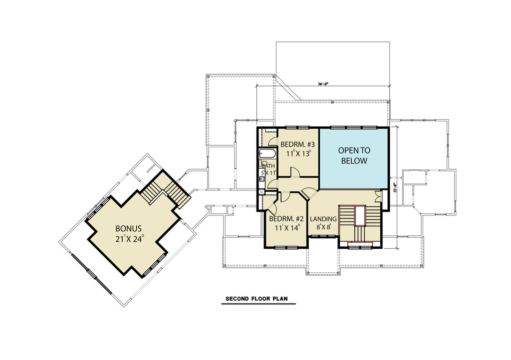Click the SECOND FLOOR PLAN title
point(256,299)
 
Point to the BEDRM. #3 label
point(298,145)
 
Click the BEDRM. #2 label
point(286,219)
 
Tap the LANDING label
point(323,219)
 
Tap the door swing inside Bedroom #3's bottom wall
point(295,172)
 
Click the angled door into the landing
point(309,192)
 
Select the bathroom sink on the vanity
point(261,174)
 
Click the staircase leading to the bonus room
point(165,191)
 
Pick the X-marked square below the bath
point(261,190)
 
